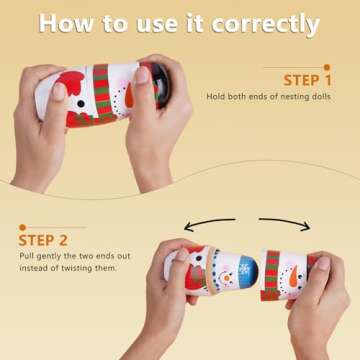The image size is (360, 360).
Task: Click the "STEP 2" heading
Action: tap(43, 239)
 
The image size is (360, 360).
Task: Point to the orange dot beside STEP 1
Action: tap(326, 67)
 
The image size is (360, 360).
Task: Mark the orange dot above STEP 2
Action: tap(21, 227)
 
